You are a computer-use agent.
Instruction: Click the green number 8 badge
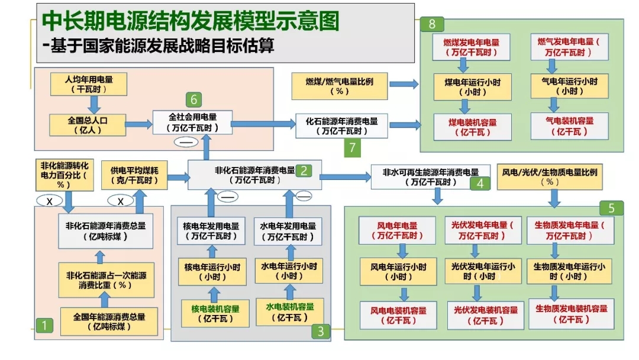coord(432,24)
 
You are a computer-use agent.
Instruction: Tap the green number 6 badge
coord(193,99)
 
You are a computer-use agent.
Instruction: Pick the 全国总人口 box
coord(88,125)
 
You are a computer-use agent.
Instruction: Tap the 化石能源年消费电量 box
coord(341,126)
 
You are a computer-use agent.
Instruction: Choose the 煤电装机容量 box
coord(472,127)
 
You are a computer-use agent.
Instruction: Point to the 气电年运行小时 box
coord(569,86)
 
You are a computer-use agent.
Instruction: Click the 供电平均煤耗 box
coord(134,175)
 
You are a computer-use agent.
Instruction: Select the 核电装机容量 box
coord(215,313)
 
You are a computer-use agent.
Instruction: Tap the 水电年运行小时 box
coord(289,271)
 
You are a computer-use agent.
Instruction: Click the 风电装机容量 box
coord(398,315)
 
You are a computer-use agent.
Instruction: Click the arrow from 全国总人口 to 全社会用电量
coord(138,124)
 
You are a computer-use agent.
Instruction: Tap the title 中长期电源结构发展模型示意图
coord(191,21)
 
